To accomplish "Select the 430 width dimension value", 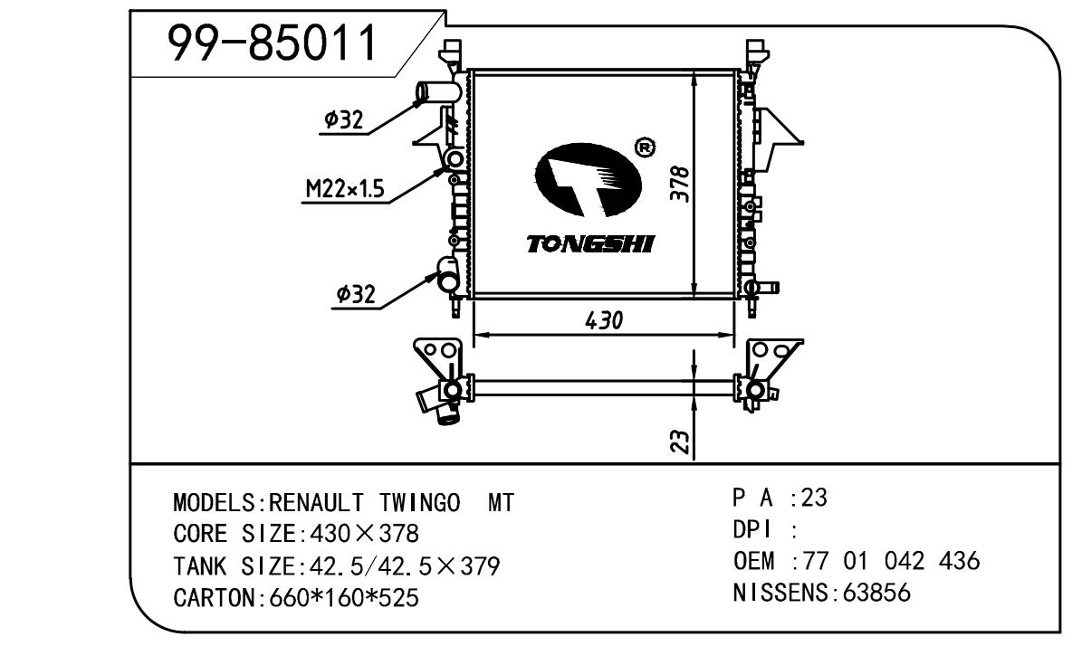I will tap(603, 320).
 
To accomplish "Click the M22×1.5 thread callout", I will tap(344, 189).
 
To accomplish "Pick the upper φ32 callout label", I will tap(343, 119).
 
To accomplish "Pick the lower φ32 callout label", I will tap(355, 293).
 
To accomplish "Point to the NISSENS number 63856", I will tap(876, 594).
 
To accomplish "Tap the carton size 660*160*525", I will tap(345, 598).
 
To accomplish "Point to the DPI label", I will tap(750, 530).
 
